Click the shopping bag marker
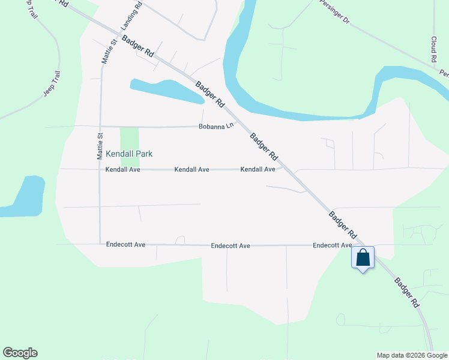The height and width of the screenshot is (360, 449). click(363, 258)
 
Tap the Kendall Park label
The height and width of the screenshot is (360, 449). click(129, 154)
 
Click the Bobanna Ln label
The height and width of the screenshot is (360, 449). click(215, 127)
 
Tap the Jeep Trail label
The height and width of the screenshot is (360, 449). click(53, 85)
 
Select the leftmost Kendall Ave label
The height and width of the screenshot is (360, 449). click(122, 170)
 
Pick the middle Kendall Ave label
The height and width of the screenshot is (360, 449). click(191, 170)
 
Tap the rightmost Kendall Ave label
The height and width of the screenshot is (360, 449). click(258, 170)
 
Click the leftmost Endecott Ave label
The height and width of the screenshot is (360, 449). click(126, 245)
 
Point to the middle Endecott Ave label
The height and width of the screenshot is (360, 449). click(231, 246)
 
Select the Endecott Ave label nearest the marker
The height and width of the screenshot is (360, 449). click(332, 245)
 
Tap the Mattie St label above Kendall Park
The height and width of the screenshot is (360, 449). click(100, 146)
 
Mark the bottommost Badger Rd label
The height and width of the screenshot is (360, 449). click(406, 293)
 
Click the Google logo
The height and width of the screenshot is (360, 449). click(20, 353)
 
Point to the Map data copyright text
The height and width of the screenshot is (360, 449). click(412, 355)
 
